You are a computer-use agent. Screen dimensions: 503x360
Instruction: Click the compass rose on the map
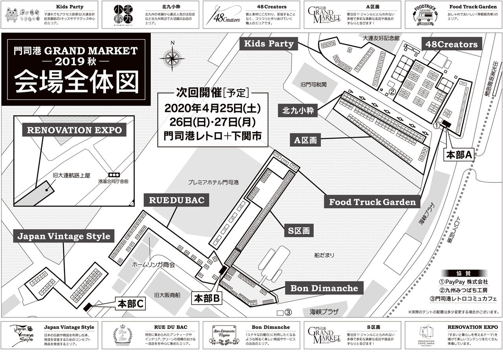172,57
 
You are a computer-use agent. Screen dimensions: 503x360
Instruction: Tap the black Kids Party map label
269,44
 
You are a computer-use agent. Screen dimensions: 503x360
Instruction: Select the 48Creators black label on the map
451,44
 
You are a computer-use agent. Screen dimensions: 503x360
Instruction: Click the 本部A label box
458,155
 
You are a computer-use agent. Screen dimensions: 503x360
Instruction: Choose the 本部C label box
132,303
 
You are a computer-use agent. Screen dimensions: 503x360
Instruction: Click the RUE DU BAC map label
177,200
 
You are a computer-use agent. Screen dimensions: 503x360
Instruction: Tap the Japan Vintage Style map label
64,236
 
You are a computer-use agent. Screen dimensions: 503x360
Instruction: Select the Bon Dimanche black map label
324,288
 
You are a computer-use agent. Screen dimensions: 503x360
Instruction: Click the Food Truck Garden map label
372,202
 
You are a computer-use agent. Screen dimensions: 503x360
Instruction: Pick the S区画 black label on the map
299,231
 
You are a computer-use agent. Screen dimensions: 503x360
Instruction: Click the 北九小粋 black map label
298,111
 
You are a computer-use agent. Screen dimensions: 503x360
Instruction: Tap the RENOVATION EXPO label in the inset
74,130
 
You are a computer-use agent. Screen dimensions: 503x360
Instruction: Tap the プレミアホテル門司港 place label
213,182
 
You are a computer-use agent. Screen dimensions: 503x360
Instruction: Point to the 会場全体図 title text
76,82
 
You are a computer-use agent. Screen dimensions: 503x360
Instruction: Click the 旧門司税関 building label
314,84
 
